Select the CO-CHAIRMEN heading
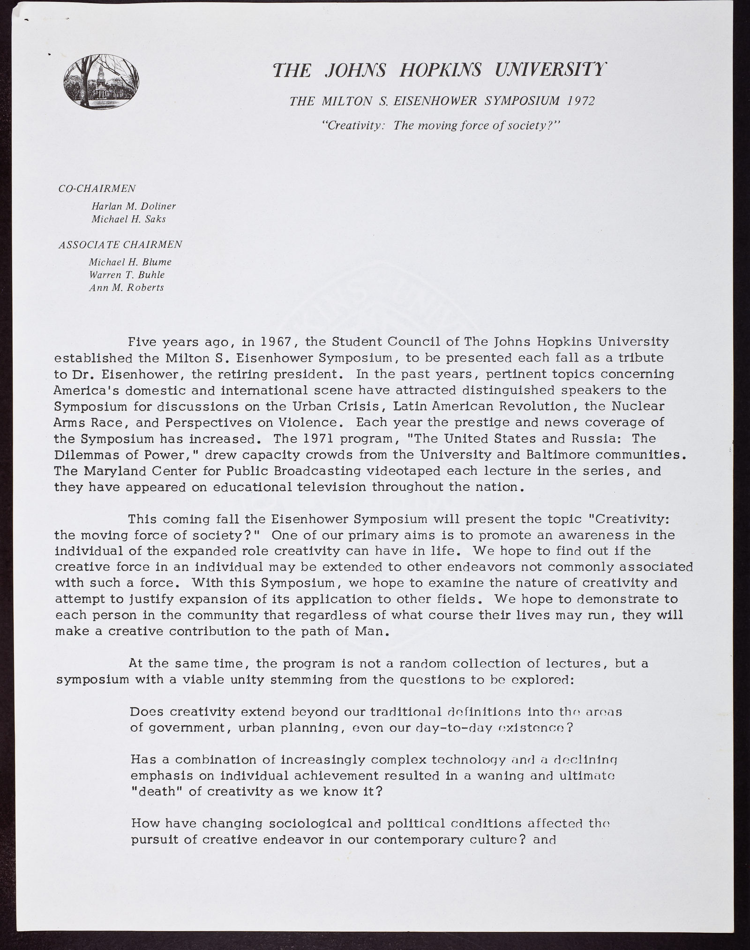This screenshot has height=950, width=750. pyautogui.click(x=97, y=188)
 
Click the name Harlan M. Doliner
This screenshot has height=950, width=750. pyautogui.click(x=134, y=206)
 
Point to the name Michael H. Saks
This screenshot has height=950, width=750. pyautogui.click(x=128, y=219)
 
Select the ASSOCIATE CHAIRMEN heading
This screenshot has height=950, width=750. pyautogui.click(x=120, y=244)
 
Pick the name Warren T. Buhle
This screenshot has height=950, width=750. pyautogui.click(x=127, y=275)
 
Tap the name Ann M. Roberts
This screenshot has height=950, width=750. pyautogui.click(x=127, y=287)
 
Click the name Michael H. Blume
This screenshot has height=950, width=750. pyautogui.click(x=130, y=262)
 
